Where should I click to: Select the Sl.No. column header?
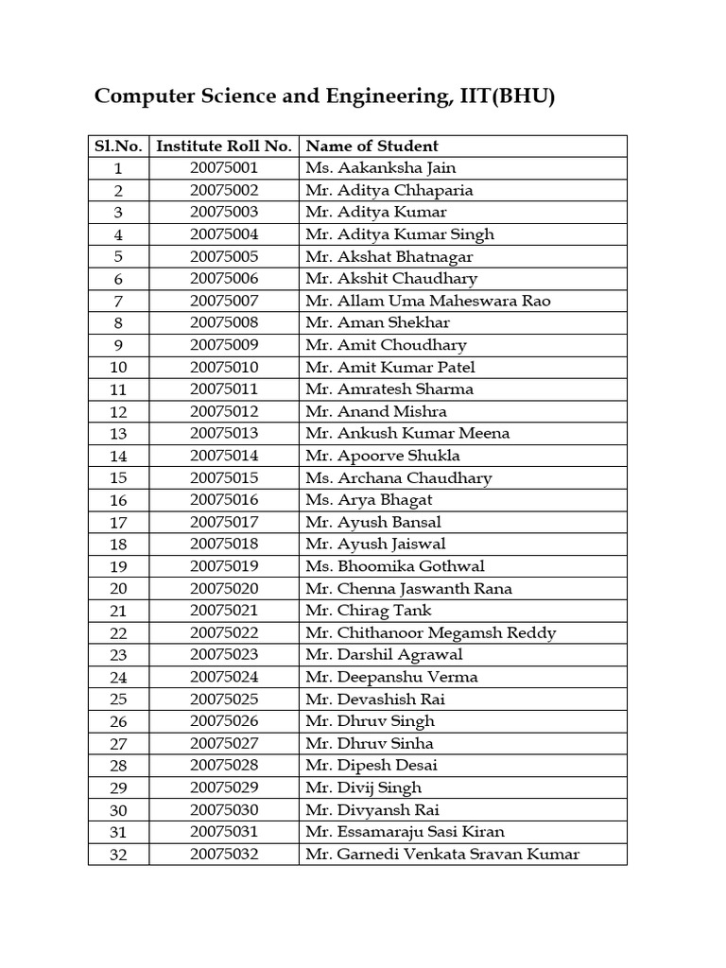tap(118, 147)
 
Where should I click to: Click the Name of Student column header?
tap(372, 147)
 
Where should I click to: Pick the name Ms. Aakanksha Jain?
tap(380, 168)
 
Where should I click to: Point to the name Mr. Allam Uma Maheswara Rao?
tap(427, 301)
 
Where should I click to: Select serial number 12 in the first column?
tap(118, 412)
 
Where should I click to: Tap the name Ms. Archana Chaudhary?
tap(398, 478)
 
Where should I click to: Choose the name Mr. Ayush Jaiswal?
tap(375, 544)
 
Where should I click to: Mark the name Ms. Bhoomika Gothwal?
tap(394, 566)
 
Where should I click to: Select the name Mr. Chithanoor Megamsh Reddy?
tap(430, 633)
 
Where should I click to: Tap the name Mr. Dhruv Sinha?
tap(369, 744)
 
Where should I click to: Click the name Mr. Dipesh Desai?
tap(371, 766)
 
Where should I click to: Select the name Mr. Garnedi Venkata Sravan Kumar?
tap(441, 855)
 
